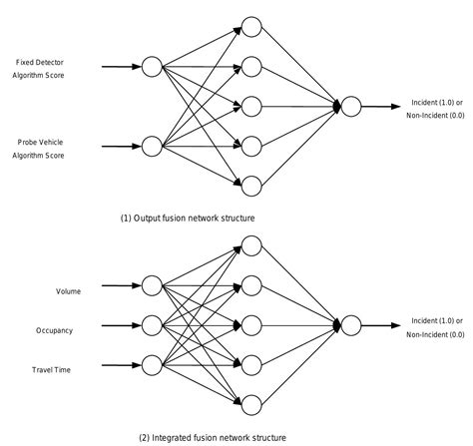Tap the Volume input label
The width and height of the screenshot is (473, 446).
click(x=68, y=291)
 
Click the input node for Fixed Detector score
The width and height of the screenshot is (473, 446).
click(x=152, y=67)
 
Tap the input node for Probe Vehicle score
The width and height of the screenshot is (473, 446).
click(x=152, y=147)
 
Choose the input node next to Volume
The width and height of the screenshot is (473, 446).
click(x=152, y=286)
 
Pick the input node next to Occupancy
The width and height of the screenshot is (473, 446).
click(x=152, y=325)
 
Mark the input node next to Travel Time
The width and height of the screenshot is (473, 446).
click(x=152, y=364)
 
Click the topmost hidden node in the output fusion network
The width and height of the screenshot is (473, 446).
click(x=250, y=28)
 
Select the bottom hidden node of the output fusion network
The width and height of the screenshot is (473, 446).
click(x=250, y=185)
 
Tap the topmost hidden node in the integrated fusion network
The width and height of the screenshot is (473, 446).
click(x=250, y=246)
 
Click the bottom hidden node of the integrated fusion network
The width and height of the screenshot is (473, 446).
click(x=250, y=404)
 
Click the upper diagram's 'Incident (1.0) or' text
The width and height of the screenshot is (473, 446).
click(x=437, y=102)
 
